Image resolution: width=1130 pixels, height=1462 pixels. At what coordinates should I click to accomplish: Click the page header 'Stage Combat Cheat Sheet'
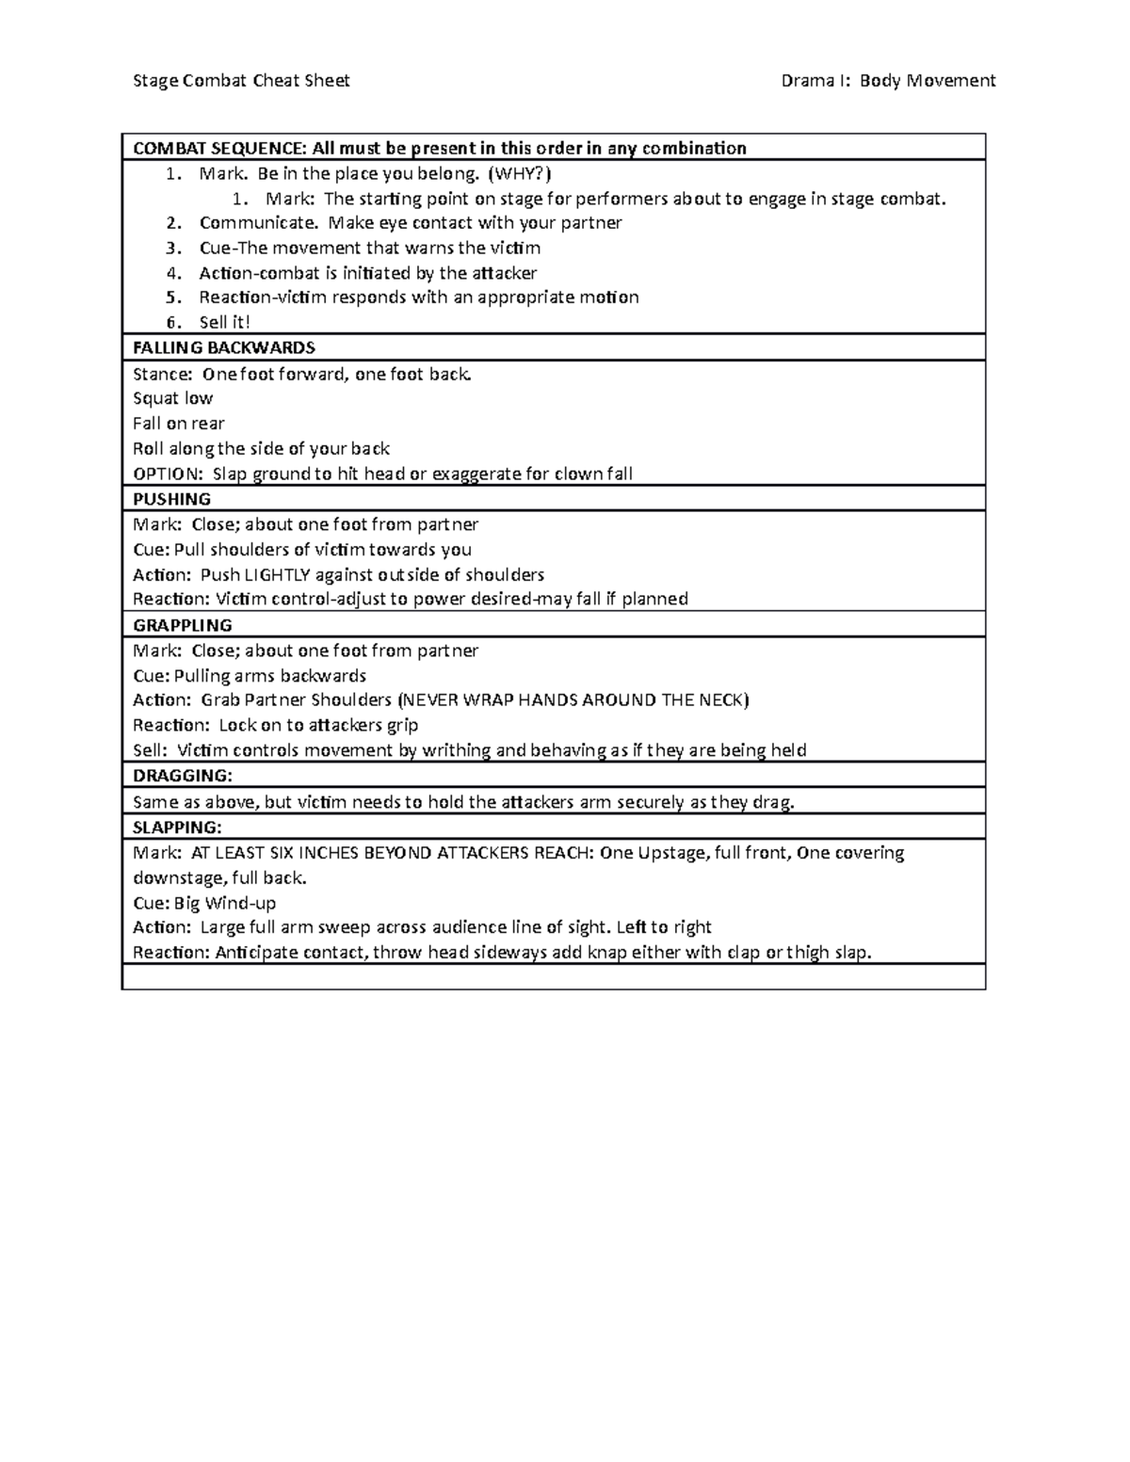click(x=241, y=81)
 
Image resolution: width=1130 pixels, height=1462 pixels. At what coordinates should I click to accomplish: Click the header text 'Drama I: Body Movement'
click(x=888, y=81)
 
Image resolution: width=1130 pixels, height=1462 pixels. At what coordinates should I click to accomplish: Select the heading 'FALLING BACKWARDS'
click(x=224, y=347)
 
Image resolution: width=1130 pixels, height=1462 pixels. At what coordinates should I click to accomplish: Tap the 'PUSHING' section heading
click(x=171, y=499)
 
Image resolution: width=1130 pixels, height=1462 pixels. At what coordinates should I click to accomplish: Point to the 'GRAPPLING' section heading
click(x=183, y=625)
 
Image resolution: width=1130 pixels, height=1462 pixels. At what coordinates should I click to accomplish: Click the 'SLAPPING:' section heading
click(x=178, y=827)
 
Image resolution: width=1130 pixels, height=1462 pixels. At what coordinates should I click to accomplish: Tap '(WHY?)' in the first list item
click(x=521, y=173)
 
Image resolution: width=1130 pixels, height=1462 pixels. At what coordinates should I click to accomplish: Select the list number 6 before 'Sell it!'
click(x=171, y=323)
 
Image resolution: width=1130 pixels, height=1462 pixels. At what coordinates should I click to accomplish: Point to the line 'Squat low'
click(x=173, y=398)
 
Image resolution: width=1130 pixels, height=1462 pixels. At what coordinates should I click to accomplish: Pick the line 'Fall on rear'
click(x=179, y=424)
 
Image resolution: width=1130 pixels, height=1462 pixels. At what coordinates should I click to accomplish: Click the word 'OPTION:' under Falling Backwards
click(x=168, y=474)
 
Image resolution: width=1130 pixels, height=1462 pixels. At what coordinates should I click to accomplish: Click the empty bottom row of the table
click(x=553, y=977)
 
